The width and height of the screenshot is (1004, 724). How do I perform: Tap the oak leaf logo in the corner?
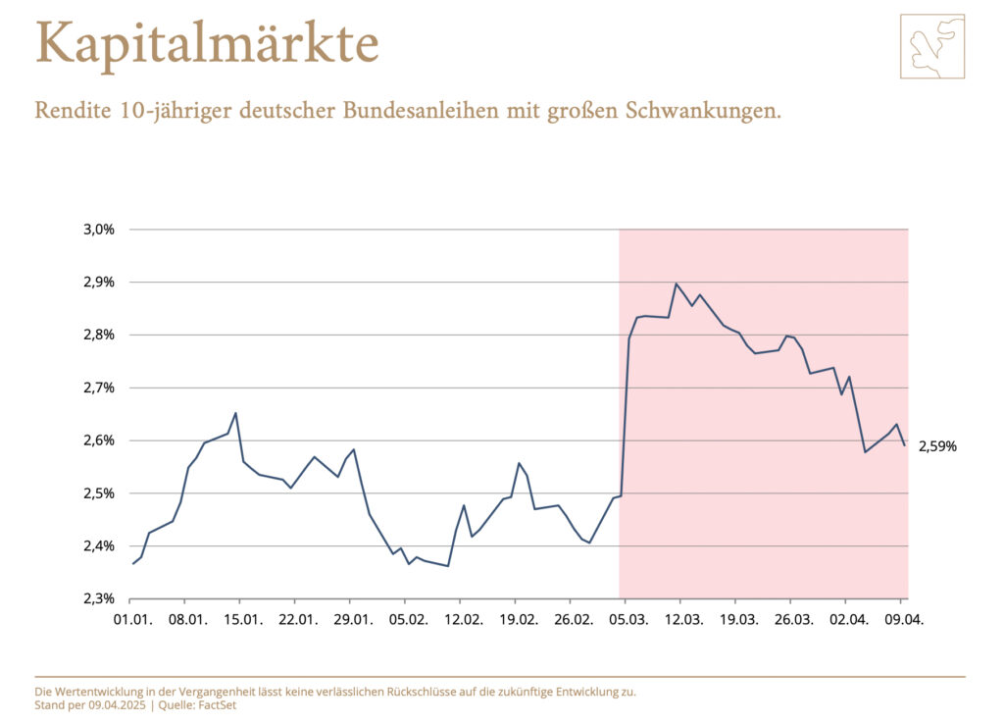click(931, 46)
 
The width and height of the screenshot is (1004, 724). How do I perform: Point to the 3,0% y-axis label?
click(99, 230)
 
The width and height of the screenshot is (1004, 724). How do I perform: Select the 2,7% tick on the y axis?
click(99, 388)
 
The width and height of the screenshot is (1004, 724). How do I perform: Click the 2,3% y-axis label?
click(99, 598)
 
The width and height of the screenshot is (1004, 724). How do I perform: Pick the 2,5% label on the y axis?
click(99, 493)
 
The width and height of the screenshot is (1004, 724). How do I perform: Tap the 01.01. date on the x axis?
click(132, 620)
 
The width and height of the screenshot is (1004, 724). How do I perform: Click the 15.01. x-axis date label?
click(242, 620)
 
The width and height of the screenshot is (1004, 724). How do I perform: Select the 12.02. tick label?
click(463, 620)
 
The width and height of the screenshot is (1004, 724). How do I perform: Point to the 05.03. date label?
click(628, 620)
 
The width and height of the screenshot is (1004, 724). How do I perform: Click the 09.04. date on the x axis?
click(904, 620)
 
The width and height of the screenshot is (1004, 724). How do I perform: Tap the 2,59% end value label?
click(937, 446)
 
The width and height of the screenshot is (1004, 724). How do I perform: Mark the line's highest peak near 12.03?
click(676, 284)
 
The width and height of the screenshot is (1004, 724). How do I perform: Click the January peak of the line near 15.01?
click(235, 413)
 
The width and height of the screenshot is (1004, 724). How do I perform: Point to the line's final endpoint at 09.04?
click(904, 445)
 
